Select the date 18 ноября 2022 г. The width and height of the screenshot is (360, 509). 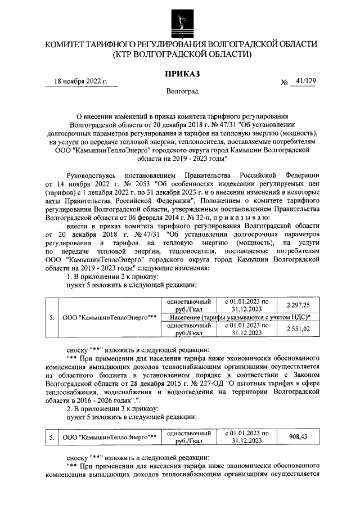[x=80, y=81]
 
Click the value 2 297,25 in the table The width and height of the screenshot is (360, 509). [x=301, y=304]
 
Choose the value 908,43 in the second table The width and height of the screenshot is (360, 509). [x=299, y=437]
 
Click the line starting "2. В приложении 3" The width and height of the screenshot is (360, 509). [x=112, y=408]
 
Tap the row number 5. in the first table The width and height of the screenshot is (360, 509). [x=51, y=317]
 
